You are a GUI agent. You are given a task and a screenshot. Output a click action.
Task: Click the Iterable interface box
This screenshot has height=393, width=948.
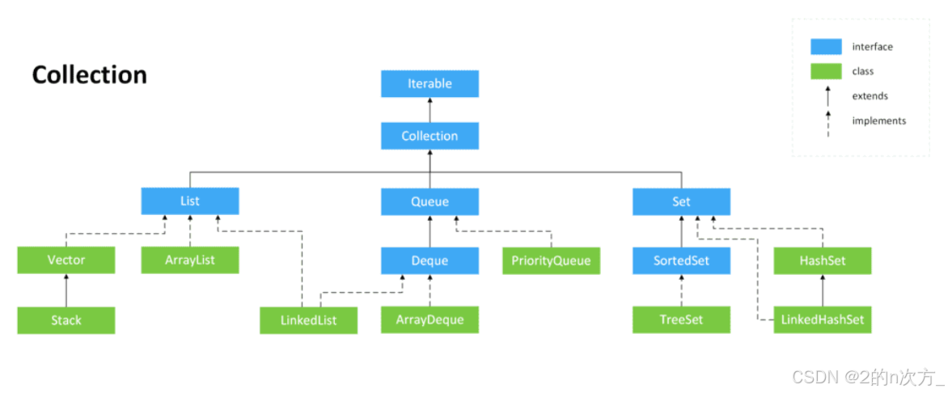click(430, 83)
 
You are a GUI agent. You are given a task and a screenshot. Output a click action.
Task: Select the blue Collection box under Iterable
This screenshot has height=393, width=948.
click(430, 136)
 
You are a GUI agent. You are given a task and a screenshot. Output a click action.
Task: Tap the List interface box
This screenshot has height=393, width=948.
click(190, 201)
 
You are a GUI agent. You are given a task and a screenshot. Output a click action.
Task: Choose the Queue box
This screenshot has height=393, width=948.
click(430, 201)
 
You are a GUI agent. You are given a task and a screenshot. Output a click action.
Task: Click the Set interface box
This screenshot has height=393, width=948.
click(681, 201)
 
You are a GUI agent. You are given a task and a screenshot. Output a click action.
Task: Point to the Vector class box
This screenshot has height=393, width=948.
click(66, 260)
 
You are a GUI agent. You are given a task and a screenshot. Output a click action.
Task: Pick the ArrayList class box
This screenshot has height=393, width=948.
click(190, 260)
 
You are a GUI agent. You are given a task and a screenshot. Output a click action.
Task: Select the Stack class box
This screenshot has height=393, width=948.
click(66, 320)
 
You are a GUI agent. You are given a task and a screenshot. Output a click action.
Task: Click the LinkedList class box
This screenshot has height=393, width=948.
click(309, 320)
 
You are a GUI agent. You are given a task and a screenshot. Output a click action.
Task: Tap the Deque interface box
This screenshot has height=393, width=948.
click(430, 260)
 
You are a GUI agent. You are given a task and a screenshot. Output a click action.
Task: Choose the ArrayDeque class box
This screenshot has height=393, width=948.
click(430, 320)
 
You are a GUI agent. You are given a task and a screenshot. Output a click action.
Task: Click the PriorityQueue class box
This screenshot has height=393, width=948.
click(552, 260)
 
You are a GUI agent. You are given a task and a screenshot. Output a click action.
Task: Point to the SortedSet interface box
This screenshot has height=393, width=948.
click(681, 260)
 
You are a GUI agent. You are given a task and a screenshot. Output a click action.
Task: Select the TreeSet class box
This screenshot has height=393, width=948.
click(681, 320)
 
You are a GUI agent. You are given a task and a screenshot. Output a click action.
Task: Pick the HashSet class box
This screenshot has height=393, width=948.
click(823, 260)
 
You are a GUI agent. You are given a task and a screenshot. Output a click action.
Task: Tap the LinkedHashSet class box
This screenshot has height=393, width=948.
click(823, 320)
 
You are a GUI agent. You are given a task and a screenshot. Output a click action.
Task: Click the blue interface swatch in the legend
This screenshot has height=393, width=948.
click(826, 47)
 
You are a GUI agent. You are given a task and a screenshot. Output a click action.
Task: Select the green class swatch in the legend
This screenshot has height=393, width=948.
click(826, 71)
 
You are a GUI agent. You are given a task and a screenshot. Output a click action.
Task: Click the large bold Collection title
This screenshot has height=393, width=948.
click(90, 75)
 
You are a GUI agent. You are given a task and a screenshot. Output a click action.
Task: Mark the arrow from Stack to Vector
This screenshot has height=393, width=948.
click(66, 290)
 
